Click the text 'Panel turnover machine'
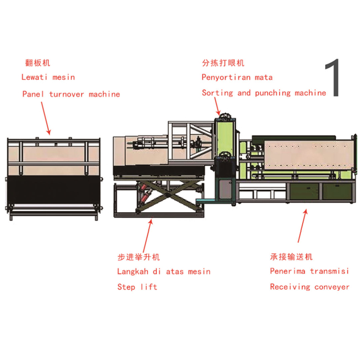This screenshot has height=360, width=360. [x=71, y=94]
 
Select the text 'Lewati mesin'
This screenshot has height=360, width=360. [x=48, y=77]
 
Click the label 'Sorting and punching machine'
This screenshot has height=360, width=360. [x=264, y=92]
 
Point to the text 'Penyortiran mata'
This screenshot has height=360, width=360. [x=237, y=77]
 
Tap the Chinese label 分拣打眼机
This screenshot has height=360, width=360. [x=223, y=63]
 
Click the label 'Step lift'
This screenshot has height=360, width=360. [x=137, y=287]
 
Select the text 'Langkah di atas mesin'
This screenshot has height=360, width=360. [x=164, y=272]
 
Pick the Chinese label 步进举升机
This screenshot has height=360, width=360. [x=138, y=257]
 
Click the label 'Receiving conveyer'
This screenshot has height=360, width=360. [x=309, y=287]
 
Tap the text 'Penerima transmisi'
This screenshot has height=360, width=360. [x=309, y=272]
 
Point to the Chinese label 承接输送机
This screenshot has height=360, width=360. [x=291, y=257]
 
